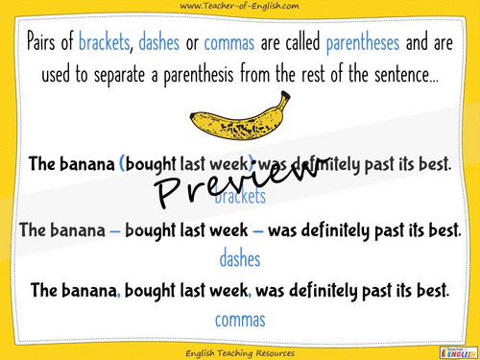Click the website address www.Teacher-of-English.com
click(x=240, y=8)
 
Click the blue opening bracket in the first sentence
click(x=123, y=164)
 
